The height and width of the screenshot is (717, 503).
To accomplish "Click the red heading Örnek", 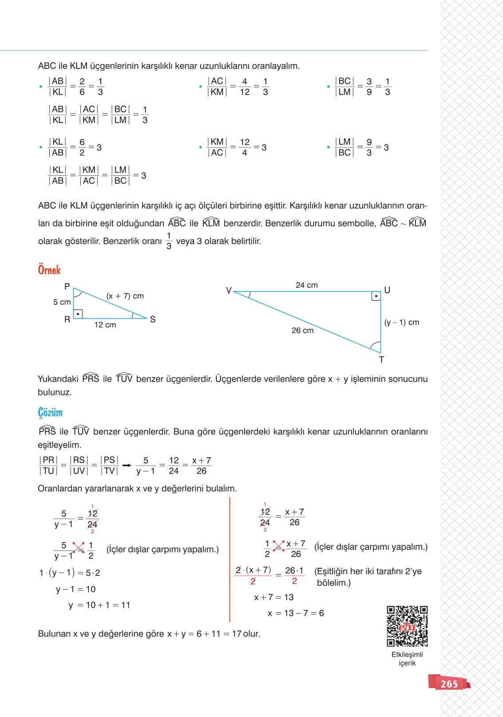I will click(x=49, y=270).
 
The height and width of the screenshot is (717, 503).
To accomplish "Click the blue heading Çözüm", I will click(x=50, y=412).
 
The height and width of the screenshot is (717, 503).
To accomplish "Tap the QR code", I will click(x=407, y=626).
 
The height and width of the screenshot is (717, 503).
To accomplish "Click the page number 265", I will click(x=449, y=684).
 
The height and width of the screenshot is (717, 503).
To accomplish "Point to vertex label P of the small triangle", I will click(x=67, y=286).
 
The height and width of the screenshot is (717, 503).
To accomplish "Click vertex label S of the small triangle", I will click(x=153, y=319).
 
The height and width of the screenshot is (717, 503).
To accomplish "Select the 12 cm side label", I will click(x=105, y=325).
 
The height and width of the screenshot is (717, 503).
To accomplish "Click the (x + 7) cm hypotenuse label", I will click(x=125, y=296).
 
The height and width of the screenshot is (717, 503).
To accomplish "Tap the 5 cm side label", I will click(x=62, y=302).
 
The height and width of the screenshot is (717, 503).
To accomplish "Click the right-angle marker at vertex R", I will click(x=78, y=314).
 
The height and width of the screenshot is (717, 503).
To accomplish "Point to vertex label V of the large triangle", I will click(x=229, y=290).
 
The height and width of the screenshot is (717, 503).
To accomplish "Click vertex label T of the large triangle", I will click(x=381, y=360).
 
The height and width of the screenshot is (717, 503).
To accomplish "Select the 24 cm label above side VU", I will click(x=307, y=285).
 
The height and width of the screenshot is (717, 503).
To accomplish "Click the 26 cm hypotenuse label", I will click(x=302, y=330).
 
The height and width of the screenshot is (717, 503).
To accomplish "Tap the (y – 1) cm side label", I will click(x=402, y=322).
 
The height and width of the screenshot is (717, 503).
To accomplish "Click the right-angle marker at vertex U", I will click(x=376, y=296).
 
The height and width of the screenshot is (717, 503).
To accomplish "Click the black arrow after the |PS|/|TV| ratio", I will click(x=127, y=465).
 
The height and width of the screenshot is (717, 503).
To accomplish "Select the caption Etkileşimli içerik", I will click(x=407, y=658).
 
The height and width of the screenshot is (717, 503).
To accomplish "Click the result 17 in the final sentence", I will click(x=236, y=634).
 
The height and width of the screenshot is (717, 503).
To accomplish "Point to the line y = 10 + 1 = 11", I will click(x=99, y=605).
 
